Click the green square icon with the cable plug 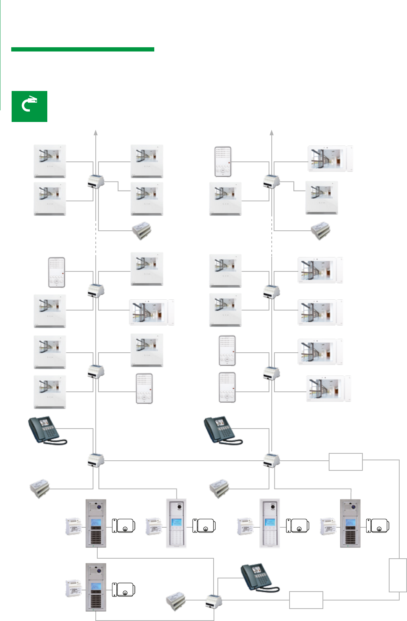(x=29, y=106)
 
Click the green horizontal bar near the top (x=83, y=49)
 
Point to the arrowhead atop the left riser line (x=96, y=132)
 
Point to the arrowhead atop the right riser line (x=272, y=132)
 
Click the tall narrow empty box (x=398, y=575)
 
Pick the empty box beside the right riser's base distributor (x=345, y=461)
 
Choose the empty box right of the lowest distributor (x=306, y=600)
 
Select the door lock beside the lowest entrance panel (x=123, y=590)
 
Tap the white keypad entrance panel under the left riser (x=176, y=523)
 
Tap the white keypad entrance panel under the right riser (x=269, y=523)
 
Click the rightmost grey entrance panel (x=350, y=523)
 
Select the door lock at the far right (x=378, y=526)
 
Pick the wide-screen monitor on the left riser (x=152, y=312)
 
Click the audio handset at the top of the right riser (x=223, y=161)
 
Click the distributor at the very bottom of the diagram (x=214, y=601)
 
